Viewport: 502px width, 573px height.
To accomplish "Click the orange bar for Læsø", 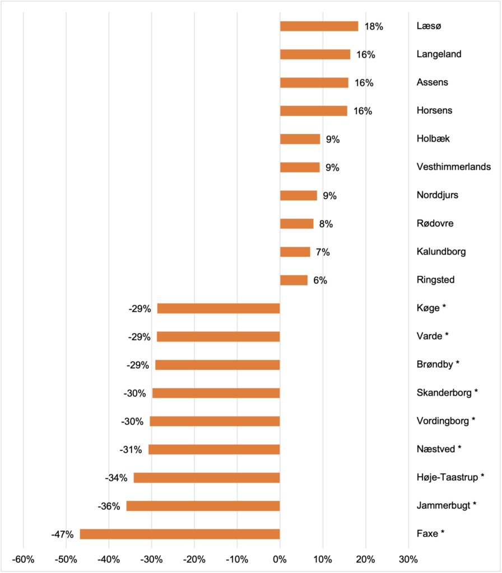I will [x=319, y=26].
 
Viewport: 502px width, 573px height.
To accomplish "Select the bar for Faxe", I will [x=180, y=534].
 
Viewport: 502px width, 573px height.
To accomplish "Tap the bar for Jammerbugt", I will [x=203, y=506].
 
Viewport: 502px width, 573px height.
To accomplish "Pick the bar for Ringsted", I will [x=294, y=280].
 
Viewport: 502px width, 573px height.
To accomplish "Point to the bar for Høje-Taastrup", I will [x=206, y=478].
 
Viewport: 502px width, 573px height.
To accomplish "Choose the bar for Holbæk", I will [x=300, y=139].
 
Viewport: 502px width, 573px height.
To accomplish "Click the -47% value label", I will [x=62, y=534].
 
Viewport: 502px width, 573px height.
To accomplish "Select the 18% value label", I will [x=374, y=26].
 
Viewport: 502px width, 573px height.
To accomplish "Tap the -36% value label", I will [x=109, y=506].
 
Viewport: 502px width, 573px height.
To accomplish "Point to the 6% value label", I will [x=320, y=280].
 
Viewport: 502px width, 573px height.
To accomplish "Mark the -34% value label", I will [x=116, y=478].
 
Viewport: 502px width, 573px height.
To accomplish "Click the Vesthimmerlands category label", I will [x=454, y=167].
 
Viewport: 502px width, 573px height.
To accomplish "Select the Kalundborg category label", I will [x=441, y=252].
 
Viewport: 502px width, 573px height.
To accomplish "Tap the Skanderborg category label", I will [x=447, y=393].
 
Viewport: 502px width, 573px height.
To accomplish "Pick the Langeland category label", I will [x=439, y=54].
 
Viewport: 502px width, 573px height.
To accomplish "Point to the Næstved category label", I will [x=439, y=449].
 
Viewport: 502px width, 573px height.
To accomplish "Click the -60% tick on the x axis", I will [x=24, y=558].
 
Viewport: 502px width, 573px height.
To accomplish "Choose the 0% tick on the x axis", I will [x=280, y=558].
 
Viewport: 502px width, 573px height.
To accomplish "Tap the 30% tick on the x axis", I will [x=408, y=558].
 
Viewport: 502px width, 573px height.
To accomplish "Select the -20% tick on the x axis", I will [x=194, y=558].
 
